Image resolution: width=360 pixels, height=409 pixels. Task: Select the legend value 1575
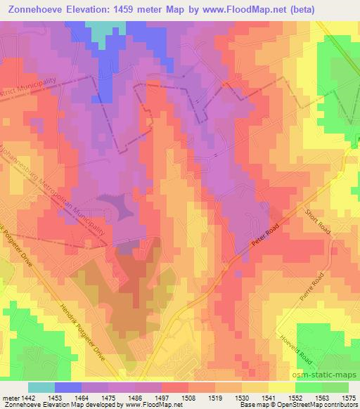click(x=349, y=397)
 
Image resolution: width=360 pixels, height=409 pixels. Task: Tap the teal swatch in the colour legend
click(x=41, y=387)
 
